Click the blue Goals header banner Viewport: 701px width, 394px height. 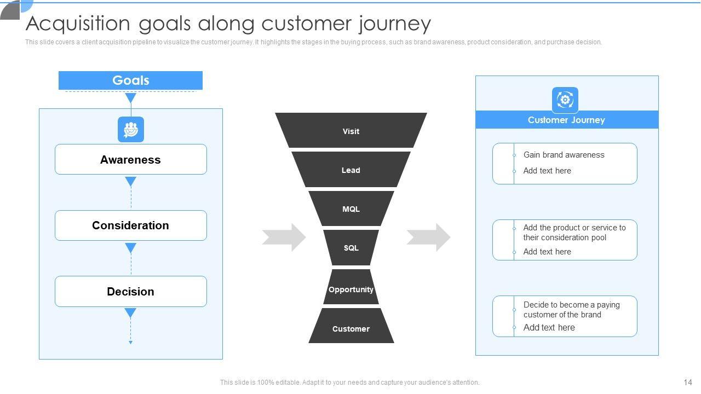pyautogui.click(x=130, y=80)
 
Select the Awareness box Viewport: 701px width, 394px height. pyautogui.click(x=131, y=159)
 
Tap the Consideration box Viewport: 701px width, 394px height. pyautogui.click(x=131, y=225)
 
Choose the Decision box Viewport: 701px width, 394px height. pyautogui.click(x=131, y=292)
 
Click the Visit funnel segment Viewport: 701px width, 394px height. pyautogui.click(x=351, y=130)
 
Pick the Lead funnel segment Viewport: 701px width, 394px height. pyautogui.click(x=351, y=170)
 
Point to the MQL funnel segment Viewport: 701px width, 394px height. pyautogui.click(x=351, y=208)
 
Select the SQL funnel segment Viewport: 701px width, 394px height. pyautogui.click(x=351, y=248)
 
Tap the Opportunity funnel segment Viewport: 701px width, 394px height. pyautogui.click(x=351, y=287)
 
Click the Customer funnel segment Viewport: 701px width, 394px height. pyautogui.click(x=351, y=326)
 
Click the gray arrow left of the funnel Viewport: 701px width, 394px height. pyautogui.click(x=284, y=237)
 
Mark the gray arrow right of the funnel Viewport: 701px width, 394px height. pyautogui.click(x=429, y=237)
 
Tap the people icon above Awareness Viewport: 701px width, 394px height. pyautogui.click(x=131, y=130)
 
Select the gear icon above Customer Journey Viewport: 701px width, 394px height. pyautogui.click(x=565, y=100)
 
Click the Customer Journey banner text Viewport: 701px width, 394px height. pyautogui.click(x=566, y=120)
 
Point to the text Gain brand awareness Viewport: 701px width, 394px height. pyautogui.click(x=564, y=155)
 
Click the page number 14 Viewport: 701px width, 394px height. pyautogui.click(x=688, y=382)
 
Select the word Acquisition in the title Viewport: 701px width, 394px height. pyautogui.click(x=78, y=24)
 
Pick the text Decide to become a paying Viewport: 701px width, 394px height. pyautogui.click(x=571, y=305)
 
